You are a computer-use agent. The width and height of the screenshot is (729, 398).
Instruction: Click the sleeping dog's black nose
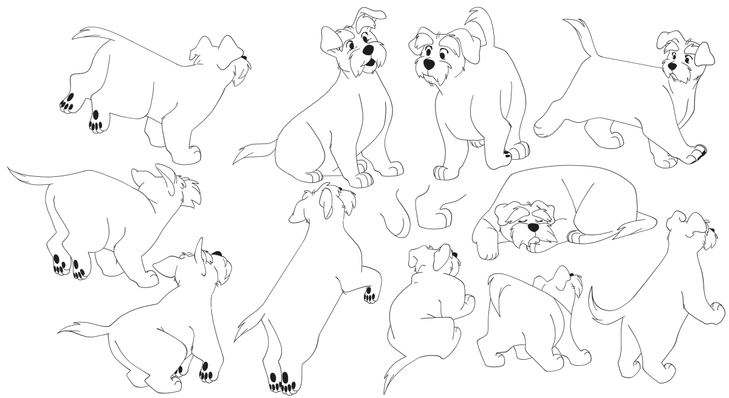pos(533,227)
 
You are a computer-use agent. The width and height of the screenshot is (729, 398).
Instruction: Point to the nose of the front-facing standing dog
pos(429,63)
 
